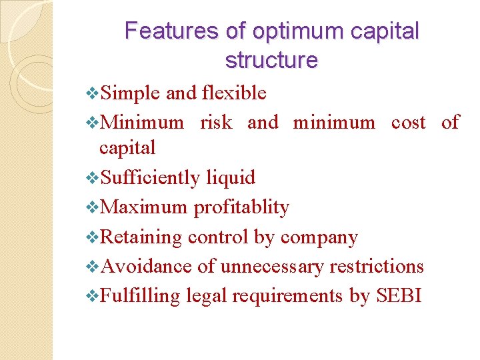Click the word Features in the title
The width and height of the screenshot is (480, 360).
pos(162,31)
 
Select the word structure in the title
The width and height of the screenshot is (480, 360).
pos(272,61)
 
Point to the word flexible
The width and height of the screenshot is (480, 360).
pos(234,93)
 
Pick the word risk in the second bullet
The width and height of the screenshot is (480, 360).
pos(217,122)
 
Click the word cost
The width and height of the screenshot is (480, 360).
pos(408,122)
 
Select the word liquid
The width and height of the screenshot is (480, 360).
pos(231,177)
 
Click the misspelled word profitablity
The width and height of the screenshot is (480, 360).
pos(241,207)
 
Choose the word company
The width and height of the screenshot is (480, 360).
pos(319,237)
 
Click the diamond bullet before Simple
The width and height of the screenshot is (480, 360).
pos(93,94)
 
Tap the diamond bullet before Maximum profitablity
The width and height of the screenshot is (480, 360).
pos(93,207)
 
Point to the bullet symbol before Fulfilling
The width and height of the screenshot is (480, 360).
pos(93,295)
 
